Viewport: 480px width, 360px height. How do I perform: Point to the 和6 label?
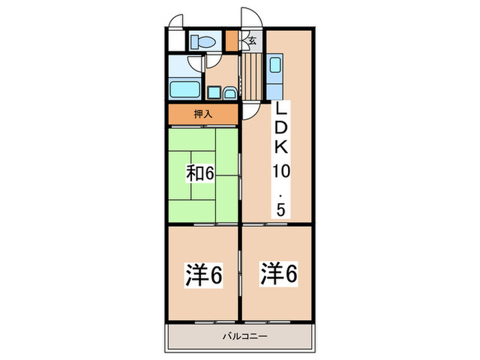coord(200,173)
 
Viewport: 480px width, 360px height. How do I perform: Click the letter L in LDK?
coord(280,110)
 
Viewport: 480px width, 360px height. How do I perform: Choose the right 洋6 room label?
coord(278,274)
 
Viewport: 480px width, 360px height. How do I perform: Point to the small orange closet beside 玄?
coord(231,40)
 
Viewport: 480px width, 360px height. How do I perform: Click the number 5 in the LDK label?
coord(280,210)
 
